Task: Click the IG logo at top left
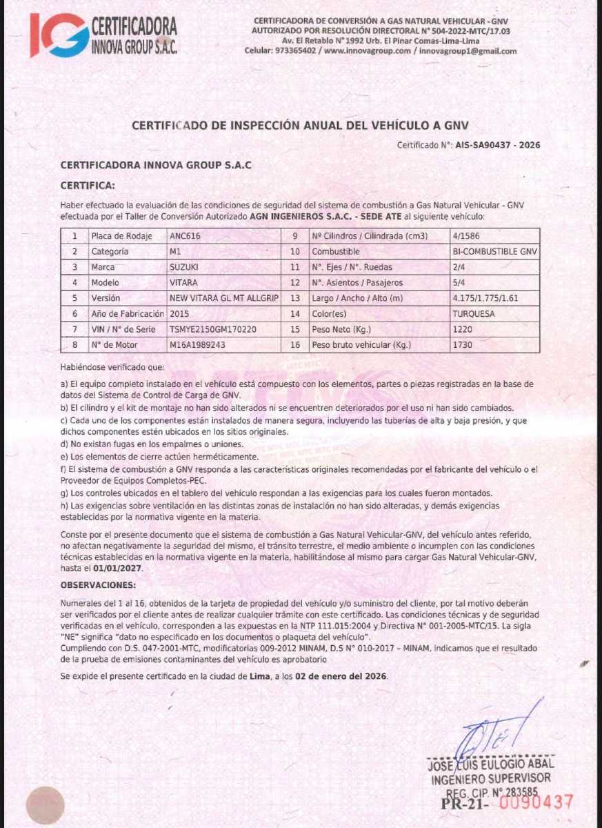[58, 34]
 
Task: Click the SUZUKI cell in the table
[183, 267]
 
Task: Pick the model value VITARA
[183, 283]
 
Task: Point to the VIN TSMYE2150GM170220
[212, 330]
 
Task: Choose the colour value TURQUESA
[474, 314]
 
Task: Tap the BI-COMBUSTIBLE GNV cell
[494, 252]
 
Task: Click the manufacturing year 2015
[179, 314]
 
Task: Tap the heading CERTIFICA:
[88, 186]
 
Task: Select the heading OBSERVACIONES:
[98, 585]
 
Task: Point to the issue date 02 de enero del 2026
[341, 676]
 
